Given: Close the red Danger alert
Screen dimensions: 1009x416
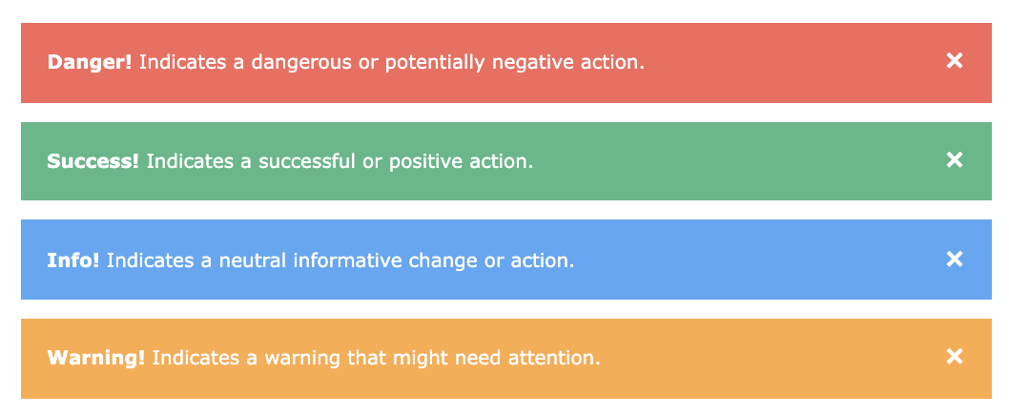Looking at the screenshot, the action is pos(955,60).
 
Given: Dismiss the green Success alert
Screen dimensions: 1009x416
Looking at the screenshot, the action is pos(955,159).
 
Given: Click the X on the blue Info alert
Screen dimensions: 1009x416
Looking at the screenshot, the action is pos(955,259).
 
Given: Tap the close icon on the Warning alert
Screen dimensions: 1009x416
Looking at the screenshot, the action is pos(955,356).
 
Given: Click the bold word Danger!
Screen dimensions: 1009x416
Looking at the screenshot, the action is pos(90,62).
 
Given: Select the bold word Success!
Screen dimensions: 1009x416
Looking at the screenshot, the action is pos(93,161).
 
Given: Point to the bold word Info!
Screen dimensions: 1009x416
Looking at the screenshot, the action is pos(73,260).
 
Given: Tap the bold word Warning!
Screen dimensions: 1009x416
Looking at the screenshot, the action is pos(96,358).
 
